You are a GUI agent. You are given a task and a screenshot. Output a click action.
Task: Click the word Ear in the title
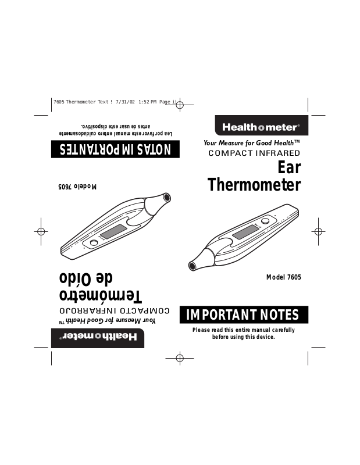point(288,167)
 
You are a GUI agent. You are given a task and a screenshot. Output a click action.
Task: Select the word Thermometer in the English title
point(254,185)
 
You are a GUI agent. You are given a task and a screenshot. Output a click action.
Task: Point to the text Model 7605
point(283,277)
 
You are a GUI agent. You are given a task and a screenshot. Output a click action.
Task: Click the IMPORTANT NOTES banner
point(243,315)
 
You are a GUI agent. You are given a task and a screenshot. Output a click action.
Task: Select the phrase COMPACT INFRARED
point(254,153)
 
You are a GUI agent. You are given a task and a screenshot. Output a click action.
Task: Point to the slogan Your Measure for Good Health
point(251,143)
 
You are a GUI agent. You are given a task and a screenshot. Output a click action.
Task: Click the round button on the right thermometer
point(266,220)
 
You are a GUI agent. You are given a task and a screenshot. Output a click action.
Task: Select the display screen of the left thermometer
point(115,231)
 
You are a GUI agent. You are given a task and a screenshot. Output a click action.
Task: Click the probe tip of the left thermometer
point(166,198)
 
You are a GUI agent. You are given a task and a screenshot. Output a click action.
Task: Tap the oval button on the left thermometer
point(93,242)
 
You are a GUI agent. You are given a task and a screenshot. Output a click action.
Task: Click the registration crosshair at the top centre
point(180,106)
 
